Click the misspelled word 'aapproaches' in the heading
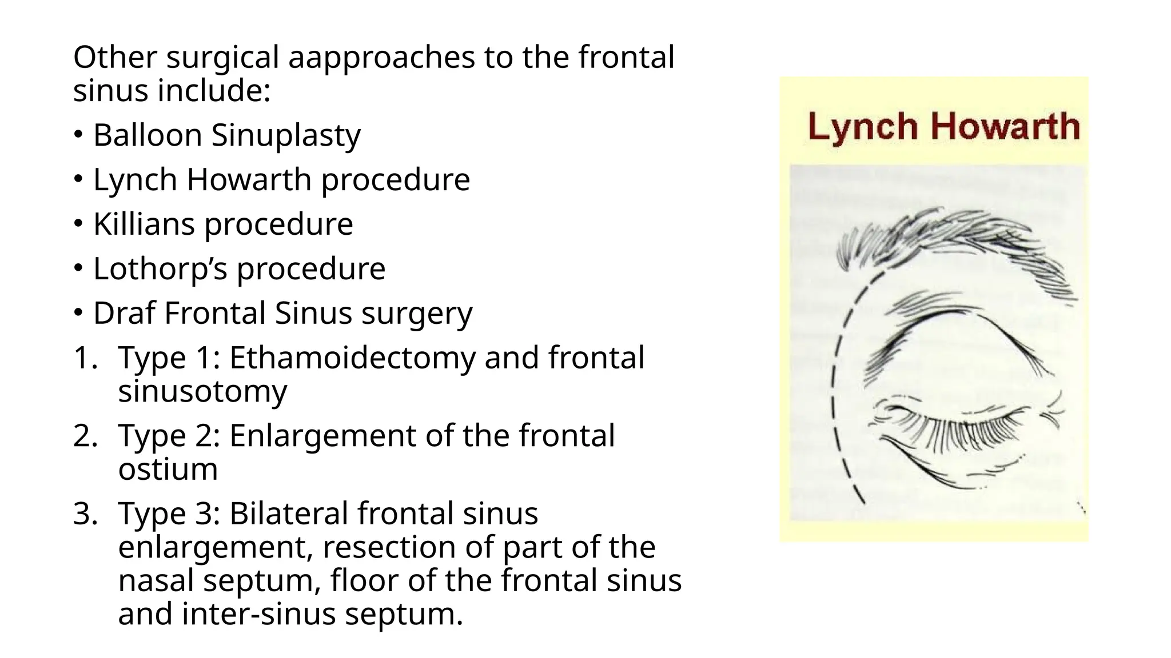point(381,58)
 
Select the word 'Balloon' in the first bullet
point(148,135)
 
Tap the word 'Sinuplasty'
point(286,137)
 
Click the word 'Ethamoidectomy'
point(352,359)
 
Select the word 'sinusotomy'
point(202,391)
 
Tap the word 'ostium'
point(168,470)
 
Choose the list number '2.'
point(86,436)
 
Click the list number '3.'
point(86,513)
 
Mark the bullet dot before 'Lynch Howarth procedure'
point(78,179)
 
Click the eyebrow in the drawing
point(949,240)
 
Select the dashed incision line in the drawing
point(836,388)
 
